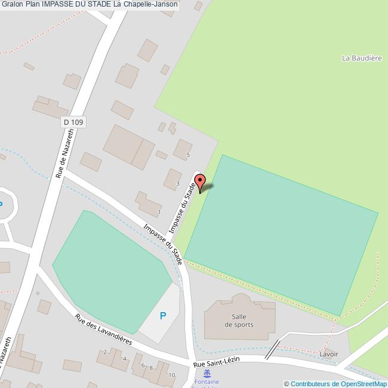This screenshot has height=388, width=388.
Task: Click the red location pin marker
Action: [x=201, y=182]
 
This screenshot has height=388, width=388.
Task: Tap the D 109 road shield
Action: [x=74, y=122]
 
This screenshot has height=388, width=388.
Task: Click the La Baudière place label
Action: [x=362, y=58]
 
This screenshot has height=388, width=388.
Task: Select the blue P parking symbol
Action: [x=163, y=316]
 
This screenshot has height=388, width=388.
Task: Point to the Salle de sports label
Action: [x=239, y=321]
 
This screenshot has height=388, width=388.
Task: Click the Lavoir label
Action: [x=328, y=354]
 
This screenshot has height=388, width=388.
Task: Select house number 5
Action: [x=188, y=155]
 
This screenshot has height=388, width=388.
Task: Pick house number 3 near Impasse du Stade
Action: [x=178, y=183]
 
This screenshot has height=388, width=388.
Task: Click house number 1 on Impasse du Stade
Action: [x=159, y=212]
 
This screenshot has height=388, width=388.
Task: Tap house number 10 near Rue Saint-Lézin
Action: [x=172, y=375]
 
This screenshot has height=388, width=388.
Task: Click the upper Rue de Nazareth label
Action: [x=65, y=155]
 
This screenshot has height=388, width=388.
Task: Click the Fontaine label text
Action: [x=207, y=381]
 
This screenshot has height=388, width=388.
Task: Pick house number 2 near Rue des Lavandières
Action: [x=106, y=352]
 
